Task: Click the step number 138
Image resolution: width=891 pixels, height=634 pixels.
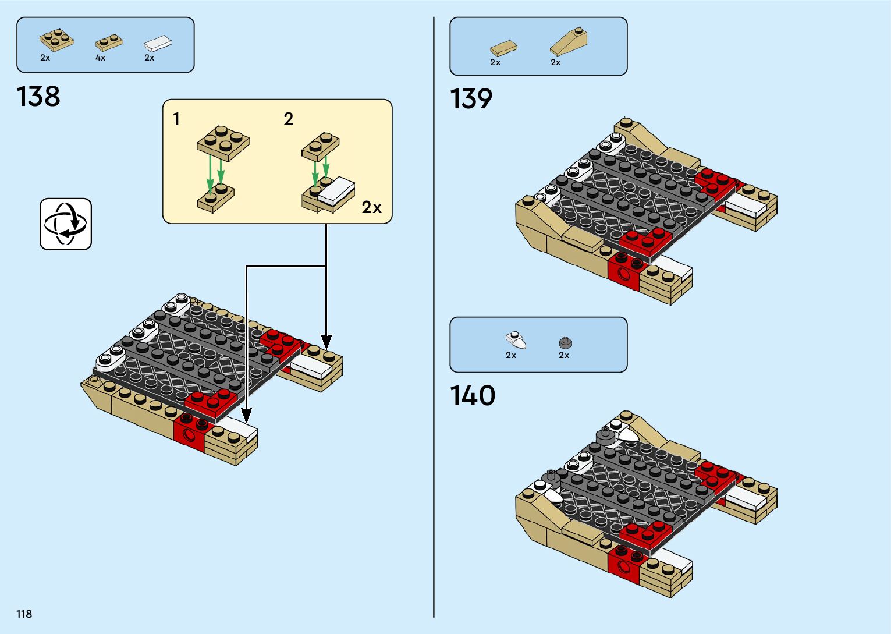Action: pos(38,97)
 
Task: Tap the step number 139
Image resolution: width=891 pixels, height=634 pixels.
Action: pos(471,99)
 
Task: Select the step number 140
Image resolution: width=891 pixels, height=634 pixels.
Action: pos(473,396)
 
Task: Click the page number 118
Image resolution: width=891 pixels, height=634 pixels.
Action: pos(24,614)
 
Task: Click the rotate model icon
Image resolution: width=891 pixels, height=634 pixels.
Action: pos(66,224)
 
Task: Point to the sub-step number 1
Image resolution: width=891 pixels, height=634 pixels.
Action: pos(176,119)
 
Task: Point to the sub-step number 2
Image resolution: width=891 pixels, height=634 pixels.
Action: pos(289,119)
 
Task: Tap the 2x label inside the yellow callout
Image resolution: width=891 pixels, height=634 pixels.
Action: pos(371,207)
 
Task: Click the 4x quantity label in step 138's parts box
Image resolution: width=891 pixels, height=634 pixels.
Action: pos(101,58)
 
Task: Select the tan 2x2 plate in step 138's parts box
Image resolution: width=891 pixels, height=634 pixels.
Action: pos(56,38)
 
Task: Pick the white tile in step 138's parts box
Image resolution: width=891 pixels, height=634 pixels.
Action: pos(158,42)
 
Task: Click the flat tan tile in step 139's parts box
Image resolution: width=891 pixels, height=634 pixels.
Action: pos(503,47)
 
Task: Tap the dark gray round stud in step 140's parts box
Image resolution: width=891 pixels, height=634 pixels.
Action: pos(563,342)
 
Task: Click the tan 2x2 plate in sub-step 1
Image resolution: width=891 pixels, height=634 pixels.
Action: pos(223,141)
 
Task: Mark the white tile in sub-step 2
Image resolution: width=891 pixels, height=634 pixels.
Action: pos(336,190)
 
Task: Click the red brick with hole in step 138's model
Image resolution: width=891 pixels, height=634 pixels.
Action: pos(189,433)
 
